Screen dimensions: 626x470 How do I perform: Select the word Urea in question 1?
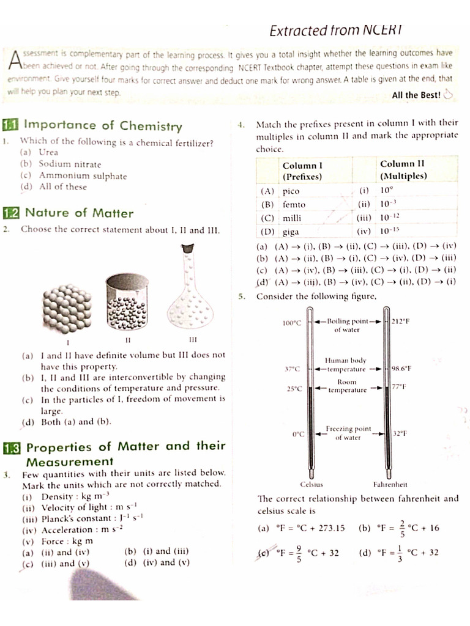point(48,152)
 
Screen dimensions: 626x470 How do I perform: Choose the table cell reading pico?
point(291,191)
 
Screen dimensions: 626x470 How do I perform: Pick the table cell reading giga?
point(291,232)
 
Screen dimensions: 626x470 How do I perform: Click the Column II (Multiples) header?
point(403,169)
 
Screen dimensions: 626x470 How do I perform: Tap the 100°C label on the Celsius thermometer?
point(292,323)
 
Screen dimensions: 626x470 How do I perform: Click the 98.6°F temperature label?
point(401,369)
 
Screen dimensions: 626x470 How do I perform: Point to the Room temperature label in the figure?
point(347,386)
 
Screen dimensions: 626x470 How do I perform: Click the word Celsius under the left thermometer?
point(312,484)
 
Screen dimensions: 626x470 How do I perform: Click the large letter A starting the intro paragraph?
point(17,60)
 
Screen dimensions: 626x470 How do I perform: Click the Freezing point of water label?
point(348,433)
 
